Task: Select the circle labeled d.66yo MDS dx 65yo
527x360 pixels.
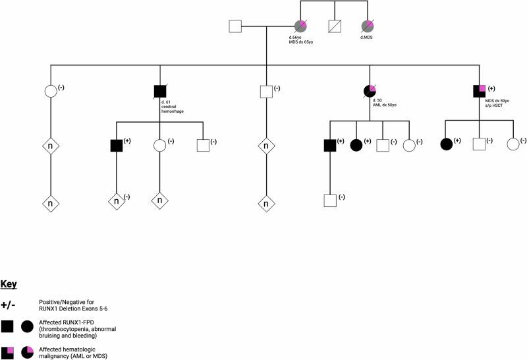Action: coord(301,27)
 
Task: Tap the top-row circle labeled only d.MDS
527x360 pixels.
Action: coord(367,27)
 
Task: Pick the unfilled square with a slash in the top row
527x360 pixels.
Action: coord(335,27)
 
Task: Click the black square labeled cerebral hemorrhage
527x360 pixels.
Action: coord(159,92)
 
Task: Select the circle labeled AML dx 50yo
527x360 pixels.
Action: coord(370,92)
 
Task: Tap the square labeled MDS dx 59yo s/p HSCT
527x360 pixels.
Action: coord(480,92)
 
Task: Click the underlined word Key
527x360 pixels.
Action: coord(9,284)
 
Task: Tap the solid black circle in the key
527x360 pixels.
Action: coord(28,325)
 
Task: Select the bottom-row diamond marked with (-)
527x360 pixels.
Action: coord(117,202)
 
